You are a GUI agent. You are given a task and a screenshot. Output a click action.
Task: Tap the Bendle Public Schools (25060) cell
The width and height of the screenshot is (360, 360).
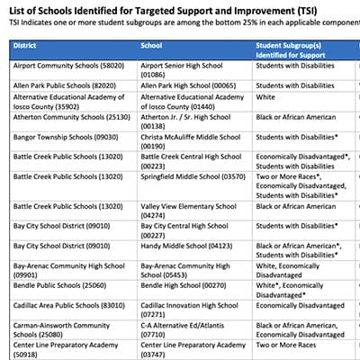point(56,286)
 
